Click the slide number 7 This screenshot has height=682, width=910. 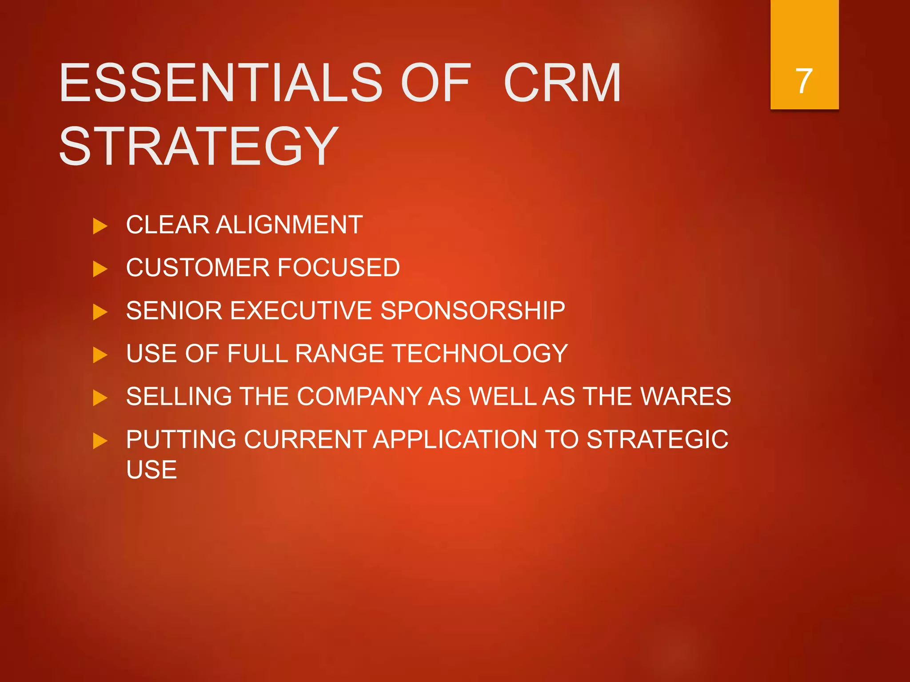tap(804, 81)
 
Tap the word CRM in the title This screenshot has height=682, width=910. tap(562, 83)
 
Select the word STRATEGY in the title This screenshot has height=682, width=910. tap(199, 147)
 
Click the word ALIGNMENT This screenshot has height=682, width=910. tap(289, 225)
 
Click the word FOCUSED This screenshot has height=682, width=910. tap(339, 268)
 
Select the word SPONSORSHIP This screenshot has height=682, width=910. tap(473, 310)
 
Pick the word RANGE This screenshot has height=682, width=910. tap(339, 353)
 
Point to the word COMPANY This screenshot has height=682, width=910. tap(359, 396)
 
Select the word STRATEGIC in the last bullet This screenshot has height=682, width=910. tap(657, 440)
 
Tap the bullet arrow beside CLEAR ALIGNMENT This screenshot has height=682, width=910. tap(100, 226)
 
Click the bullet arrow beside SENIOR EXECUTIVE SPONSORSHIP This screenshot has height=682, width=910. tap(100, 312)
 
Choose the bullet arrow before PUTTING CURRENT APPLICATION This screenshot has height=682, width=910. tap(100, 441)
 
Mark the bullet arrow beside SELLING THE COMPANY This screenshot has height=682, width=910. tap(100, 398)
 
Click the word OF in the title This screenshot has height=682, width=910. tap(435, 83)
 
